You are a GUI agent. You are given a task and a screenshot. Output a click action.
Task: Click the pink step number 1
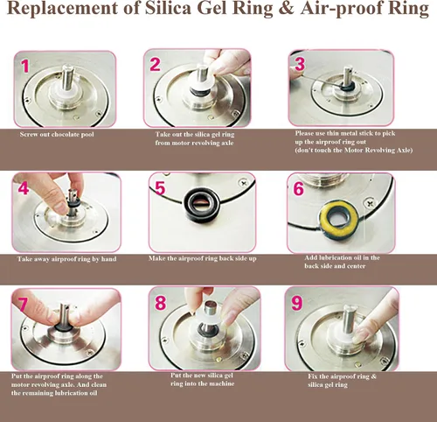(x=25, y=66)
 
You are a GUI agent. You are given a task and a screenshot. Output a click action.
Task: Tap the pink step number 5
(x=160, y=187)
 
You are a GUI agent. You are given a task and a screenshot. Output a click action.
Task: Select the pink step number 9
(x=297, y=303)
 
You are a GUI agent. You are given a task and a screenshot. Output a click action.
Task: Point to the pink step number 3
(x=300, y=64)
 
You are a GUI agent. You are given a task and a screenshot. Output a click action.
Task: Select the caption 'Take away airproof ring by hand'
(x=66, y=259)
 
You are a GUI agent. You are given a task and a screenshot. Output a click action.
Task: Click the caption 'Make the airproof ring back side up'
(x=203, y=258)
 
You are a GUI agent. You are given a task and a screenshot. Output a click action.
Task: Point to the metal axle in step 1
(x=67, y=78)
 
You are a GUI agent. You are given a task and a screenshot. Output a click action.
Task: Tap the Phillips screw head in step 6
(x=370, y=202)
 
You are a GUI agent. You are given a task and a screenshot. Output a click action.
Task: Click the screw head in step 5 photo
(x=244, y=183)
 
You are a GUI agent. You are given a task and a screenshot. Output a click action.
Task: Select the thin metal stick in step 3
(x=318, y=77)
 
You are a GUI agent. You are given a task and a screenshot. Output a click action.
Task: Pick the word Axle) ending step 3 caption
(x=405, y=151)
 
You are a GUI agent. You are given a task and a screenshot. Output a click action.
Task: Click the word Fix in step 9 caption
(x=313, y=376)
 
